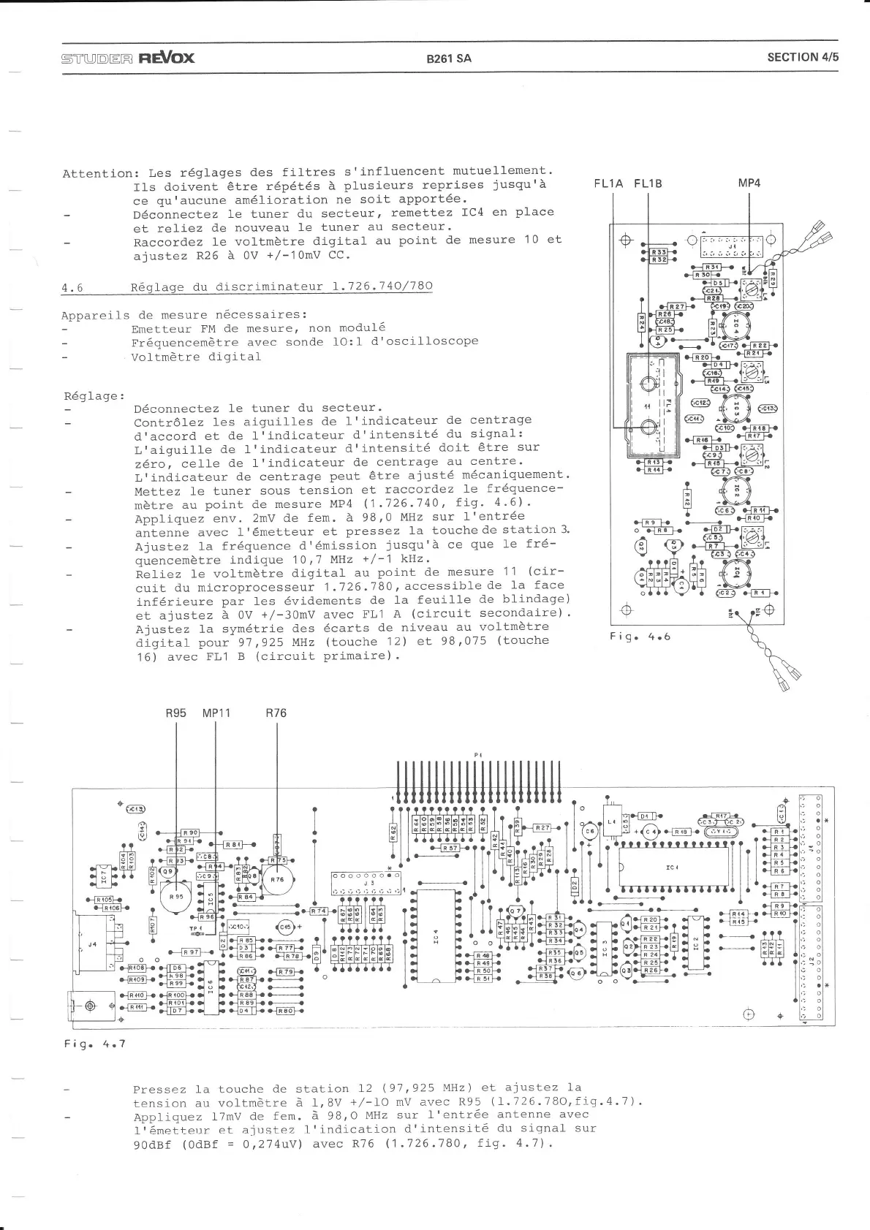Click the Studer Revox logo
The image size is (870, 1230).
pyautogui.click(x=128, y=57)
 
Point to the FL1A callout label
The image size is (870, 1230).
pyautogui.click(x=608, y=183)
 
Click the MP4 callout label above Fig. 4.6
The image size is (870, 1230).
pyautogui.click(x=749, y=183)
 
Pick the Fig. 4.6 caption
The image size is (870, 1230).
pyautogui.click(x=639, y=636)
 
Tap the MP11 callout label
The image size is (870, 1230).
pyautogui.click(x=216, y=713)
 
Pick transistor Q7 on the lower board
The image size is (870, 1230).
pyautogui.click(x=515, y=911)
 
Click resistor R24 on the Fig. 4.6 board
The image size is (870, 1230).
pyautogui.click(x=641, y=320)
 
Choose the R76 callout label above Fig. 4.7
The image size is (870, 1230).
pyautogui.click(x=276, y=713)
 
